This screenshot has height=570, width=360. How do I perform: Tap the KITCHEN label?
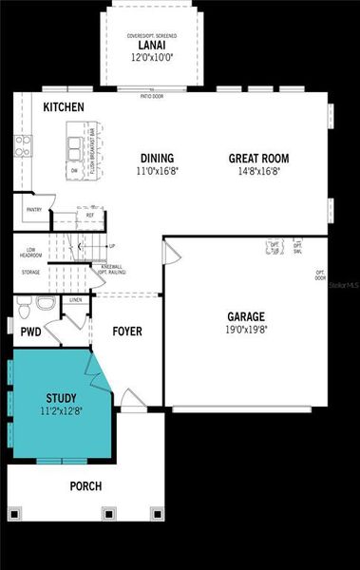click(x=64, y=108)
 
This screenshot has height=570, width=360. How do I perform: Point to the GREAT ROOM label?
click(x=258, y=159)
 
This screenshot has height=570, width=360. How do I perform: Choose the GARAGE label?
click(x=245, y=316)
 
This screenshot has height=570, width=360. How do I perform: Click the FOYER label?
click(x=127, y=332)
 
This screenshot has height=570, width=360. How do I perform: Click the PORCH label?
click(x=85, y=486)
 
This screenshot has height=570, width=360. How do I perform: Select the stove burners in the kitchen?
click(x=22, y=144)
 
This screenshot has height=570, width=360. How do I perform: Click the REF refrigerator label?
click(x=90, y=216)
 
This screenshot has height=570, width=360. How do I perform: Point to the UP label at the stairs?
click(x=112, y=246)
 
